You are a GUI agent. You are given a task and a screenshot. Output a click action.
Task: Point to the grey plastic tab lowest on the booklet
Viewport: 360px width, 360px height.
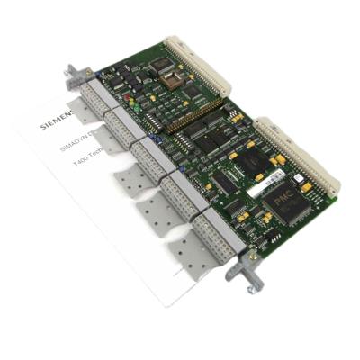coord(193,261)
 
